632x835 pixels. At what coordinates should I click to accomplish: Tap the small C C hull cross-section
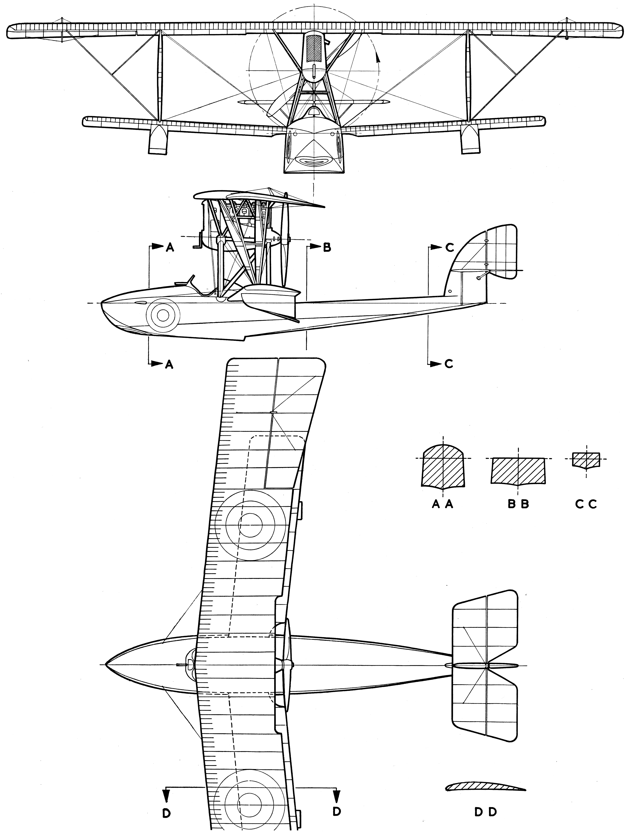click(x=586, y=460)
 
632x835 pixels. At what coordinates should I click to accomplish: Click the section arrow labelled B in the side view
click(x=316, y=247)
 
